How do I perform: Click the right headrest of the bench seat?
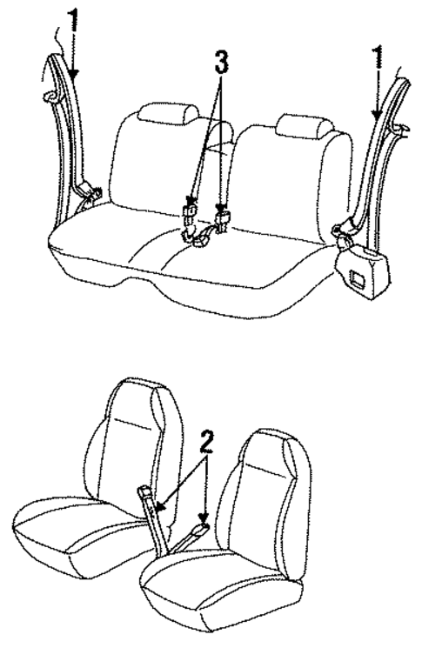[x=303, y=127]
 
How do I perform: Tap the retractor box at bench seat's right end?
[x=361, y=266]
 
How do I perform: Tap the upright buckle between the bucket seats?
[x=149, y=498]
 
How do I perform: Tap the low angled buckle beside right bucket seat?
[x=199, y=528]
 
